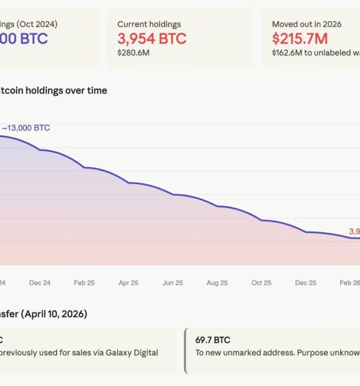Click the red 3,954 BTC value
pos(152,39)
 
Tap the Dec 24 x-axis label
pos(40,282)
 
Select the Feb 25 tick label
pos(84,282)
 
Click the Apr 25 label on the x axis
pos(129,282)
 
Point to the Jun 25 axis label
pos(173,282)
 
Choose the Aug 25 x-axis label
pos(217,282)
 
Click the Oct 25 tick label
pos(262,282)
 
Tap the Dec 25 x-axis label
pos(305,282)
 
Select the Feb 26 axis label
pos(349,282)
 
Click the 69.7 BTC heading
pos(213,340)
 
